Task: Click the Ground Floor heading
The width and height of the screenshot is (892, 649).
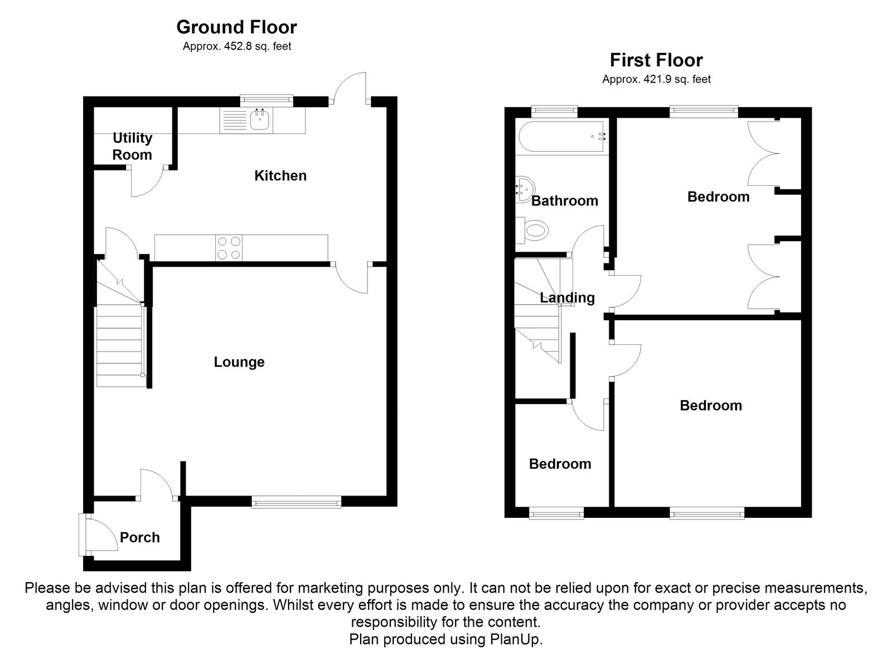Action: coord(236,27)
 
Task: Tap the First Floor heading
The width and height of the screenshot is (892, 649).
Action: coord(656,60)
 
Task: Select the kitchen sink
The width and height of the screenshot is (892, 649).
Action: coord(260,119)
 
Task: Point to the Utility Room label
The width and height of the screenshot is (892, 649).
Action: coord(132,146)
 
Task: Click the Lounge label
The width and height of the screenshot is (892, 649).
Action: coord(239,362)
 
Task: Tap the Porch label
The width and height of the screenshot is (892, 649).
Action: coord(139,537)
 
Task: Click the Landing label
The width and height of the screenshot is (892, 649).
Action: coord(567,297)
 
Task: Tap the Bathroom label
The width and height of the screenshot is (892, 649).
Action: coord(564,201)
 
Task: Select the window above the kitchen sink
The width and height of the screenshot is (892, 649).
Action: coord(266,100)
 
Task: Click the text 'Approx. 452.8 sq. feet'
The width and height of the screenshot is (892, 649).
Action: coord(237,47)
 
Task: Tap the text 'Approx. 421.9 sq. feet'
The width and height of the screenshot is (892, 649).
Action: coord(656,80)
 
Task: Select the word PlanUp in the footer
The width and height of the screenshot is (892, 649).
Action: coord(521,640)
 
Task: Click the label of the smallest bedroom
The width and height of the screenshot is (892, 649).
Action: coord(560,464)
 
